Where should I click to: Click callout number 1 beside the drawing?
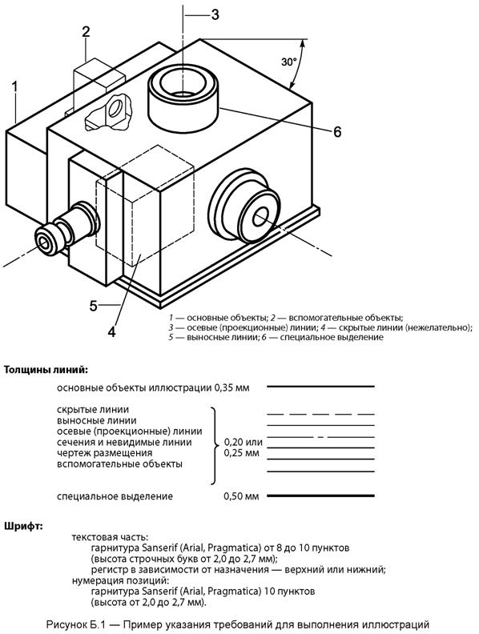(15, 87)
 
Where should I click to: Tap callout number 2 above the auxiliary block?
(86, 31)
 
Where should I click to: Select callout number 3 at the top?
(215, 14)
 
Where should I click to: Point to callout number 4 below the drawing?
(112, 331)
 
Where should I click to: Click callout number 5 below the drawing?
(94, 306)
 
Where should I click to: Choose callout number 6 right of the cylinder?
(337, 132)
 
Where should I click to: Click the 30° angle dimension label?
(289, 62)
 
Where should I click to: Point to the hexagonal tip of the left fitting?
(45, 242)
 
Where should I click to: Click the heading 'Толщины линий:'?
(46, 370)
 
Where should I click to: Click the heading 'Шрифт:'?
(23, 527)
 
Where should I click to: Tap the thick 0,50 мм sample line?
(320, 496)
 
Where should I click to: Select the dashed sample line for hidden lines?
(320, 415)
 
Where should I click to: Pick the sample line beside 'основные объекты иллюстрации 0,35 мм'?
(320, 387)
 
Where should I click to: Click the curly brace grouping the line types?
(214, 446)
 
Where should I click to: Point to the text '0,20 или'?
(244, 443)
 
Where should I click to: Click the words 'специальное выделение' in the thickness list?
(115, 496)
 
